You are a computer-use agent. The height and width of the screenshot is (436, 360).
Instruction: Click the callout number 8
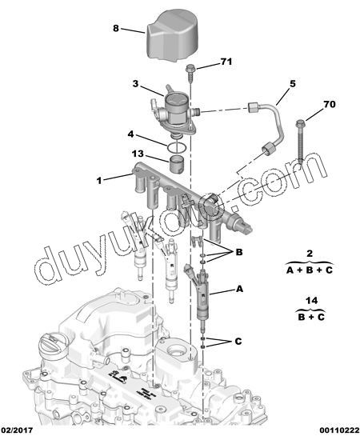[x=116, y=28]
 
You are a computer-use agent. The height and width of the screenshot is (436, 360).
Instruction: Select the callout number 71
[x=226, y=62]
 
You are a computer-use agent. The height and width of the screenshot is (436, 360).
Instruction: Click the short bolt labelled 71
[x=190, y=73]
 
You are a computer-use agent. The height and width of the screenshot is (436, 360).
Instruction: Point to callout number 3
[x=135, y=83]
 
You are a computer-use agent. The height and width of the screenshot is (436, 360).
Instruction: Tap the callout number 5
[x=293, y=84]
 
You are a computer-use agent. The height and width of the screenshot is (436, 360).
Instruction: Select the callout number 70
[x=330, y=104]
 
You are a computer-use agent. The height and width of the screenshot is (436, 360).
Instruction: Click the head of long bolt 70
[x=301, y=123]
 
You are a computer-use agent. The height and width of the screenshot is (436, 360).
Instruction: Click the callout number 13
[x=138, y=154]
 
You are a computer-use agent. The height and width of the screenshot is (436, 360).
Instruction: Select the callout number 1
[x=99, y=181]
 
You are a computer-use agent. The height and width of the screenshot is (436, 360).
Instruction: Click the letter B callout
[x=239, y=252]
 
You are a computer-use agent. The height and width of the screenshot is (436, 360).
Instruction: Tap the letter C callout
[x=238, y=341]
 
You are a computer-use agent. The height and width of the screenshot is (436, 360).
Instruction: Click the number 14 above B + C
[x=311, y=300]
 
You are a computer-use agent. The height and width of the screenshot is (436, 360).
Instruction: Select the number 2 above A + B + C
[x=310, y=254]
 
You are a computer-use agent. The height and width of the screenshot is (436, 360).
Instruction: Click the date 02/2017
[x=17, y=430]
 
